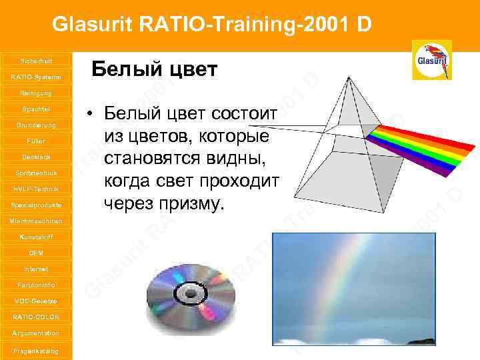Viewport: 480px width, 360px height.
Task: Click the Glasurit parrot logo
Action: [x=431, y=59]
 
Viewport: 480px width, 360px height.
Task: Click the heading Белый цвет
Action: [x=154, y=69]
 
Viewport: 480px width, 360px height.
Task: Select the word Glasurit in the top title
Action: [x=94, y=25]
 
